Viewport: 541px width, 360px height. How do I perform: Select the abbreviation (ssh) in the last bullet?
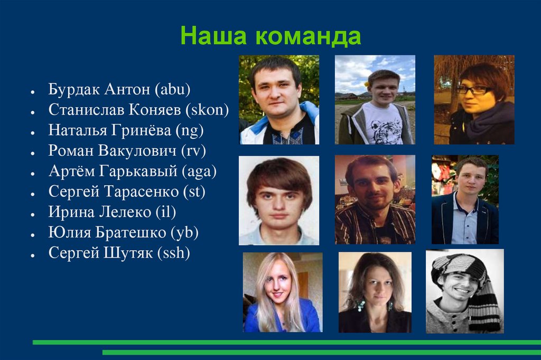click(x=173, y=253)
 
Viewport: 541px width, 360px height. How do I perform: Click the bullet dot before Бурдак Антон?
click(x=33, y=91)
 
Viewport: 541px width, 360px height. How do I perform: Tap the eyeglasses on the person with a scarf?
click(x=474, y=90)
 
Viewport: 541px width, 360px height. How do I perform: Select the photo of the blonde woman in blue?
click(x=282, y=292)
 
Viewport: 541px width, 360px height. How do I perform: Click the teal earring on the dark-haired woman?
click(x=361, y=305)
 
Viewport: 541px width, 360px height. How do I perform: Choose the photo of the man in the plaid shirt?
click(x=375, y=200)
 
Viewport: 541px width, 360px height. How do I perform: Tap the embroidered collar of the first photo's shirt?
click(x=280, y=135)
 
